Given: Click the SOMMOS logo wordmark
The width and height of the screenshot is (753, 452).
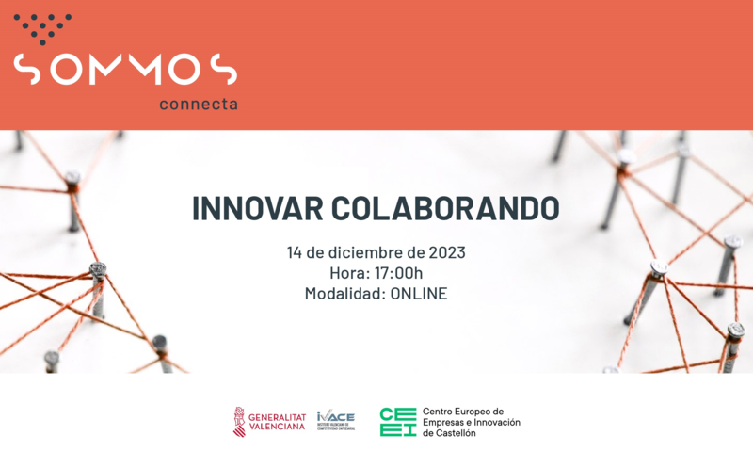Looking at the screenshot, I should (x=124, y=69).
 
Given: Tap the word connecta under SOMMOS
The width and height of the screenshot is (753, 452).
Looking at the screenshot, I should (x=198, y=104).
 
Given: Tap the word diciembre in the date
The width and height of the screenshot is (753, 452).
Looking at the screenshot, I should (x=356, y=252).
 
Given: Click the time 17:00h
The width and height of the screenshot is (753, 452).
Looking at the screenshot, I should (x=396, y=273).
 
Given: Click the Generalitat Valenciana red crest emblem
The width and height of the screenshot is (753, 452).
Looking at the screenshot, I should (x=239, y=421).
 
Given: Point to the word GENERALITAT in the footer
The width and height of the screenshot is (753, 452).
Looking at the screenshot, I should (x=277, y=415).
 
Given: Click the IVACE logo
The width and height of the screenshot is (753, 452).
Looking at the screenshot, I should (x=335, y=419).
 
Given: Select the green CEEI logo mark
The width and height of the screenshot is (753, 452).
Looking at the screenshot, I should (x=397, y=421).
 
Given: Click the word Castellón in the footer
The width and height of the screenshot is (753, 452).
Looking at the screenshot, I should (x=455, y=433).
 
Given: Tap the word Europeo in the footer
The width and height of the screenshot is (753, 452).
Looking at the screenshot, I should (x=481, y=411).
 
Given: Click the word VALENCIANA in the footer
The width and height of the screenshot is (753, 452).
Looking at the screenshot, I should (x=277, y=427).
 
